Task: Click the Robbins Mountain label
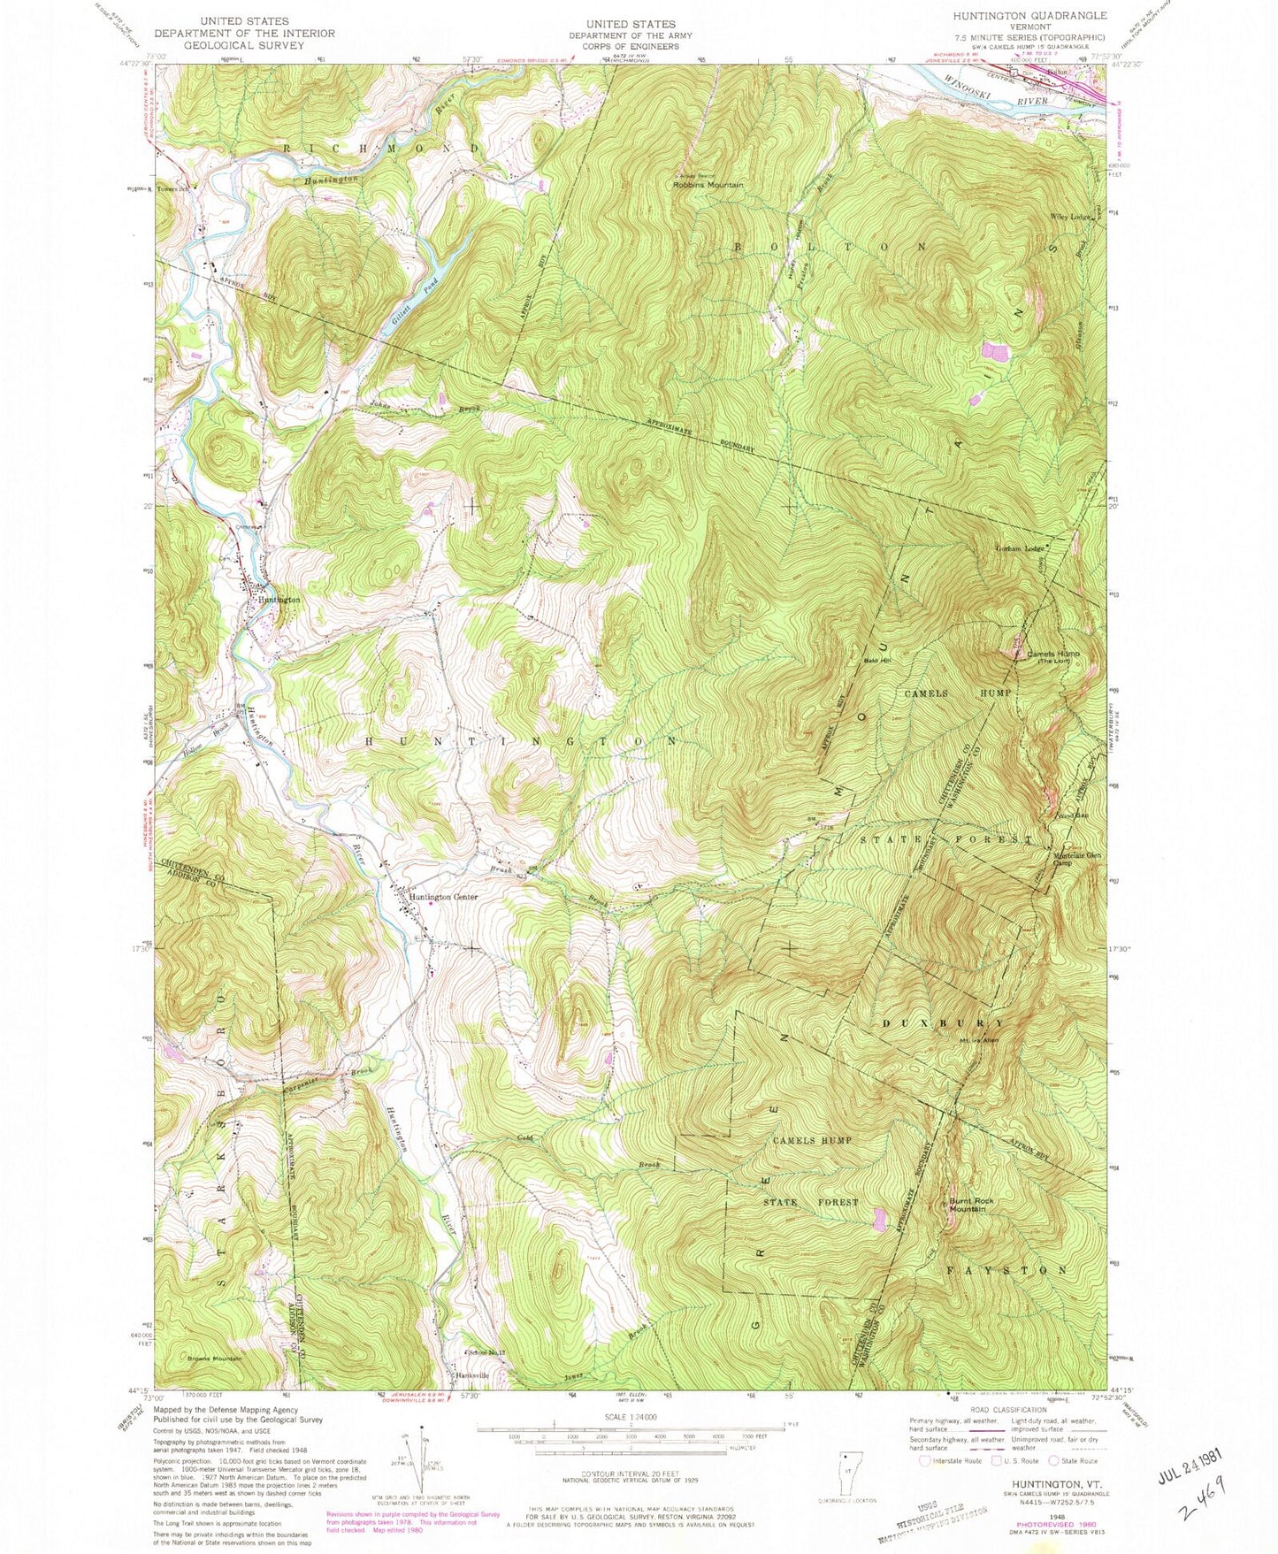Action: [x=708, y=185]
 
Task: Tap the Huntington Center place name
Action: [x=443, y=897]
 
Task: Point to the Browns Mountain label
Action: [x=214, y=1358]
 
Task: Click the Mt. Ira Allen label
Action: [x=979, y=1040]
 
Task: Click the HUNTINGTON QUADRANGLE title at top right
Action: [x=1029, y=16]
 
